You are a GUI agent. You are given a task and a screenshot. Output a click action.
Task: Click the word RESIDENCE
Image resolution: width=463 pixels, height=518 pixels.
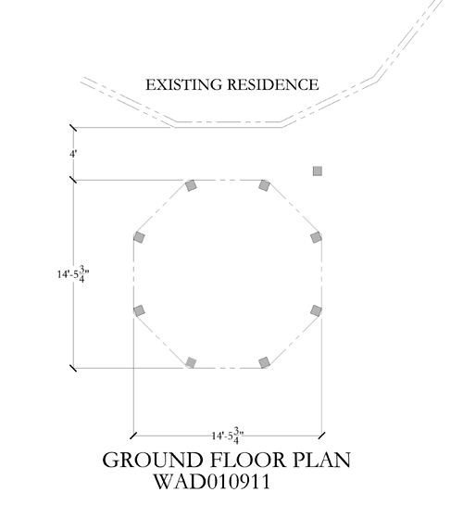point(272,84)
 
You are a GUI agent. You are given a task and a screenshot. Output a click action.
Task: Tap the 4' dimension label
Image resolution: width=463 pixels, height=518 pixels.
point(73,154)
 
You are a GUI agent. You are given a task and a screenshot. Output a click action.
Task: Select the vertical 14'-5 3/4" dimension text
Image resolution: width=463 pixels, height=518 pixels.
point(73,274)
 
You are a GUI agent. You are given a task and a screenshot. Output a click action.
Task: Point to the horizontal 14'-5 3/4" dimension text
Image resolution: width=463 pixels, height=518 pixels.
point(228,436)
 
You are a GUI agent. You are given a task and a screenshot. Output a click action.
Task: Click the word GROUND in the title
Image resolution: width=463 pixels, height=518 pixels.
point(153,460)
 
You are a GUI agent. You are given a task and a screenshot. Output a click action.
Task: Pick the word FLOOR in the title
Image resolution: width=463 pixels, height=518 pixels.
point(248,460)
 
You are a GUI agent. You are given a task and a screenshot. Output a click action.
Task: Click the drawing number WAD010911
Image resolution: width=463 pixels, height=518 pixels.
point(212,482)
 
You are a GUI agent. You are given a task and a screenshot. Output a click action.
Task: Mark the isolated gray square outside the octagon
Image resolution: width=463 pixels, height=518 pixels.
point(317,171)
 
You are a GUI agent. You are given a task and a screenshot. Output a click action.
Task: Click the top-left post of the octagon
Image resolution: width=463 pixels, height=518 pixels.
point(191,185)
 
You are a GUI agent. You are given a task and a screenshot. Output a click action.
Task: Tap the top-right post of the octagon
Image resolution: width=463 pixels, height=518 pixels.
point(264,185)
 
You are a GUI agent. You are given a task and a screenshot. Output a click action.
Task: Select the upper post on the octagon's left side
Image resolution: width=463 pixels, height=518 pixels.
point(139,237)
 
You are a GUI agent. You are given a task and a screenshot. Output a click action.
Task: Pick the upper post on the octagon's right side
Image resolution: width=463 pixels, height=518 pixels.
point(316,237)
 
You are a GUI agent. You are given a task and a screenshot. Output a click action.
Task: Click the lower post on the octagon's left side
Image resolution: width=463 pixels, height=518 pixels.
point(139,310)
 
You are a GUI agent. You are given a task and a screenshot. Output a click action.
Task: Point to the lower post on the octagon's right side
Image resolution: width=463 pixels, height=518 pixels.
point(316,310)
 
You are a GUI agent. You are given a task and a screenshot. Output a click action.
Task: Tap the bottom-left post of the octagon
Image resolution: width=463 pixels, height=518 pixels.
point(191,362)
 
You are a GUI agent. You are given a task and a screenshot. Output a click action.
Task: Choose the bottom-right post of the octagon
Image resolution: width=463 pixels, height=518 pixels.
point(264,362)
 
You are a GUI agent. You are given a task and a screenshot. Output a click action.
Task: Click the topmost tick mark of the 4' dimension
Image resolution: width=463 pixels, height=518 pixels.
point(73,128)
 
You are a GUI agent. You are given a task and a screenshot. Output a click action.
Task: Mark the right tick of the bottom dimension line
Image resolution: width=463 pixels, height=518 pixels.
point(321,436)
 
